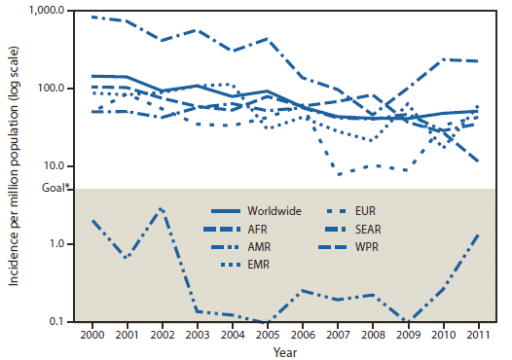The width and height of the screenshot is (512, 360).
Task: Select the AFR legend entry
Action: tap(256, 228)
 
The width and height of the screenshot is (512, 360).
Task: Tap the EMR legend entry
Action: tap(257, 263)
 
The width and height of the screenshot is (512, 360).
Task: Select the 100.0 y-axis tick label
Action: tap(51, 89)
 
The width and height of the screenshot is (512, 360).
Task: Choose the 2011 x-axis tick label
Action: tap(477, 333)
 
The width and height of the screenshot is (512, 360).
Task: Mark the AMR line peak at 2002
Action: tap(162, 208)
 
